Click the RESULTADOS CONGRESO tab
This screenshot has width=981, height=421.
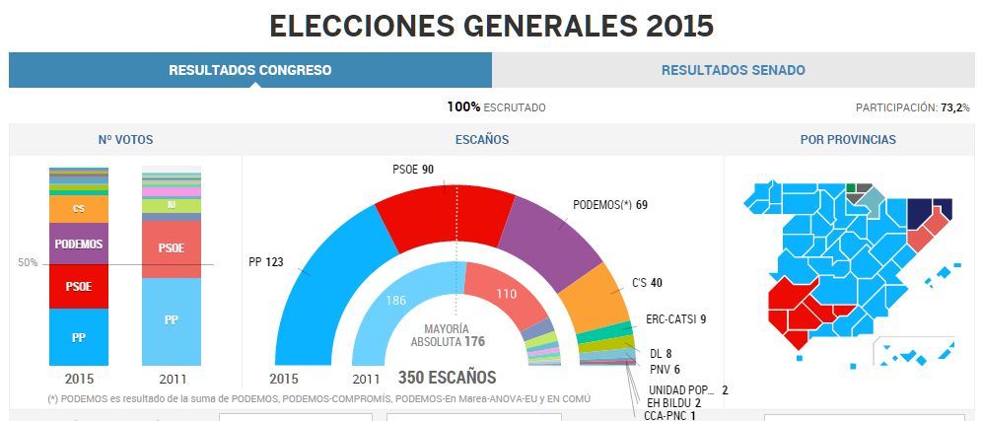(x=249, y=70)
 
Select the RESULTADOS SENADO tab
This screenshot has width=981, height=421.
(x=733, y=70)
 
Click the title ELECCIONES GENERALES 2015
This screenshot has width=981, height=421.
(x=490, y=26)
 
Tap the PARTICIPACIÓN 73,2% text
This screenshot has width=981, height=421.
(x=912, y=107)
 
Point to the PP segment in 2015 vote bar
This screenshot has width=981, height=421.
(x=79, y=336)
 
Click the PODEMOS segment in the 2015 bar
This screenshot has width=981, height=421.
(x=79, y=244)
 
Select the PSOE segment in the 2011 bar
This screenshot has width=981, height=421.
(x=171, y=247)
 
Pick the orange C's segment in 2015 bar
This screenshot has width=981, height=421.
(x=79, y=209)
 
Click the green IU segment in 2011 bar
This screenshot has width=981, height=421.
(x=171, y=205)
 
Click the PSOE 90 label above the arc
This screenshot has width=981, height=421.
(x=413, y=170)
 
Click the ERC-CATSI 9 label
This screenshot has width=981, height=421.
(x=675, y=318)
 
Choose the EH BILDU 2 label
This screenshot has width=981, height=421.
(x=674, y=403)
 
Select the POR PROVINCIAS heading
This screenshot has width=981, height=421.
(x=848, y=140)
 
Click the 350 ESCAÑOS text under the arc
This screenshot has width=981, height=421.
(x=447, y=378)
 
